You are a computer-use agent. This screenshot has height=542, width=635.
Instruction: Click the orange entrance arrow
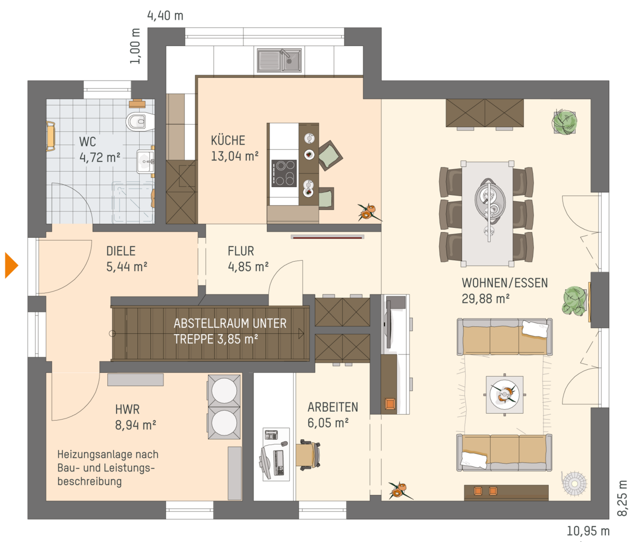coord(11,265)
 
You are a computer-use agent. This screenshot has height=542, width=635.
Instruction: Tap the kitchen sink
coord(279,60)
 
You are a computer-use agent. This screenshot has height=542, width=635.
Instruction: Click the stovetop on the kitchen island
coord(284,173)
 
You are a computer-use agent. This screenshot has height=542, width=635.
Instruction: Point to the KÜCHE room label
coord(228,140)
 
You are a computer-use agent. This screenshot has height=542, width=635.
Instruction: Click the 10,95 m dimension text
coord(588,531)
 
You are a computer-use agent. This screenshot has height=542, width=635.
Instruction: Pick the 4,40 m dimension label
coord(165,16)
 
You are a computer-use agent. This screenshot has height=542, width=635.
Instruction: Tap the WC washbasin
coord(145,162)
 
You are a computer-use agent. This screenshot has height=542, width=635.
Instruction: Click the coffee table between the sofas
coord(504,395)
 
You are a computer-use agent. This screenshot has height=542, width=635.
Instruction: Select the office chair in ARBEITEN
coord(308,455)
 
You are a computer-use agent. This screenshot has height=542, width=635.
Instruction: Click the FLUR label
coord(241,251)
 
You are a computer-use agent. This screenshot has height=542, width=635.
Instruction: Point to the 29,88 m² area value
coord(485,298)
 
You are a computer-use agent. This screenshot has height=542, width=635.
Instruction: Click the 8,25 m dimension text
coord(622,497)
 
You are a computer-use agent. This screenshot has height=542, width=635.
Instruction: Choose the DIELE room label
coord(121,251)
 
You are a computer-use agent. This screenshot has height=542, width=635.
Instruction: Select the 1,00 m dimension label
coord(135,46)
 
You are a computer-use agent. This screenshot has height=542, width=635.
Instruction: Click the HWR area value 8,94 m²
coord(135,425)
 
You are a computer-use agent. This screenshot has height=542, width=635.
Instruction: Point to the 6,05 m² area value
coord(328,423)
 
